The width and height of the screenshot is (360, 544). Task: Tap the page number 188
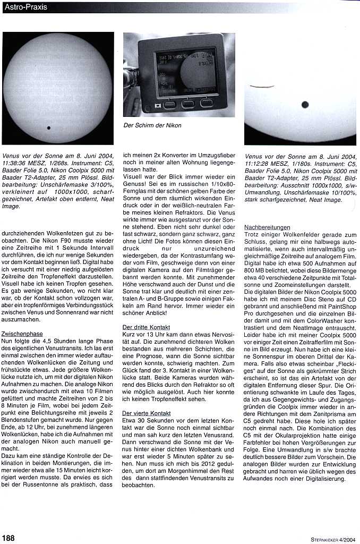8,538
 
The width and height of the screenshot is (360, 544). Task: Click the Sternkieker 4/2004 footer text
333,538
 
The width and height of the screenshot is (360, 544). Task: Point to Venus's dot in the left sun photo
49,127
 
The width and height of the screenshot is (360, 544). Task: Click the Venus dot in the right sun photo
305,105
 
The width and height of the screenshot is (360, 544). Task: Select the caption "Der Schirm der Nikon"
152,125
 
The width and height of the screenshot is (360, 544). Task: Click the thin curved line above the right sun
266,87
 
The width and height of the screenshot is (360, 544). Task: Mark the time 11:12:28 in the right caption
259,164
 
